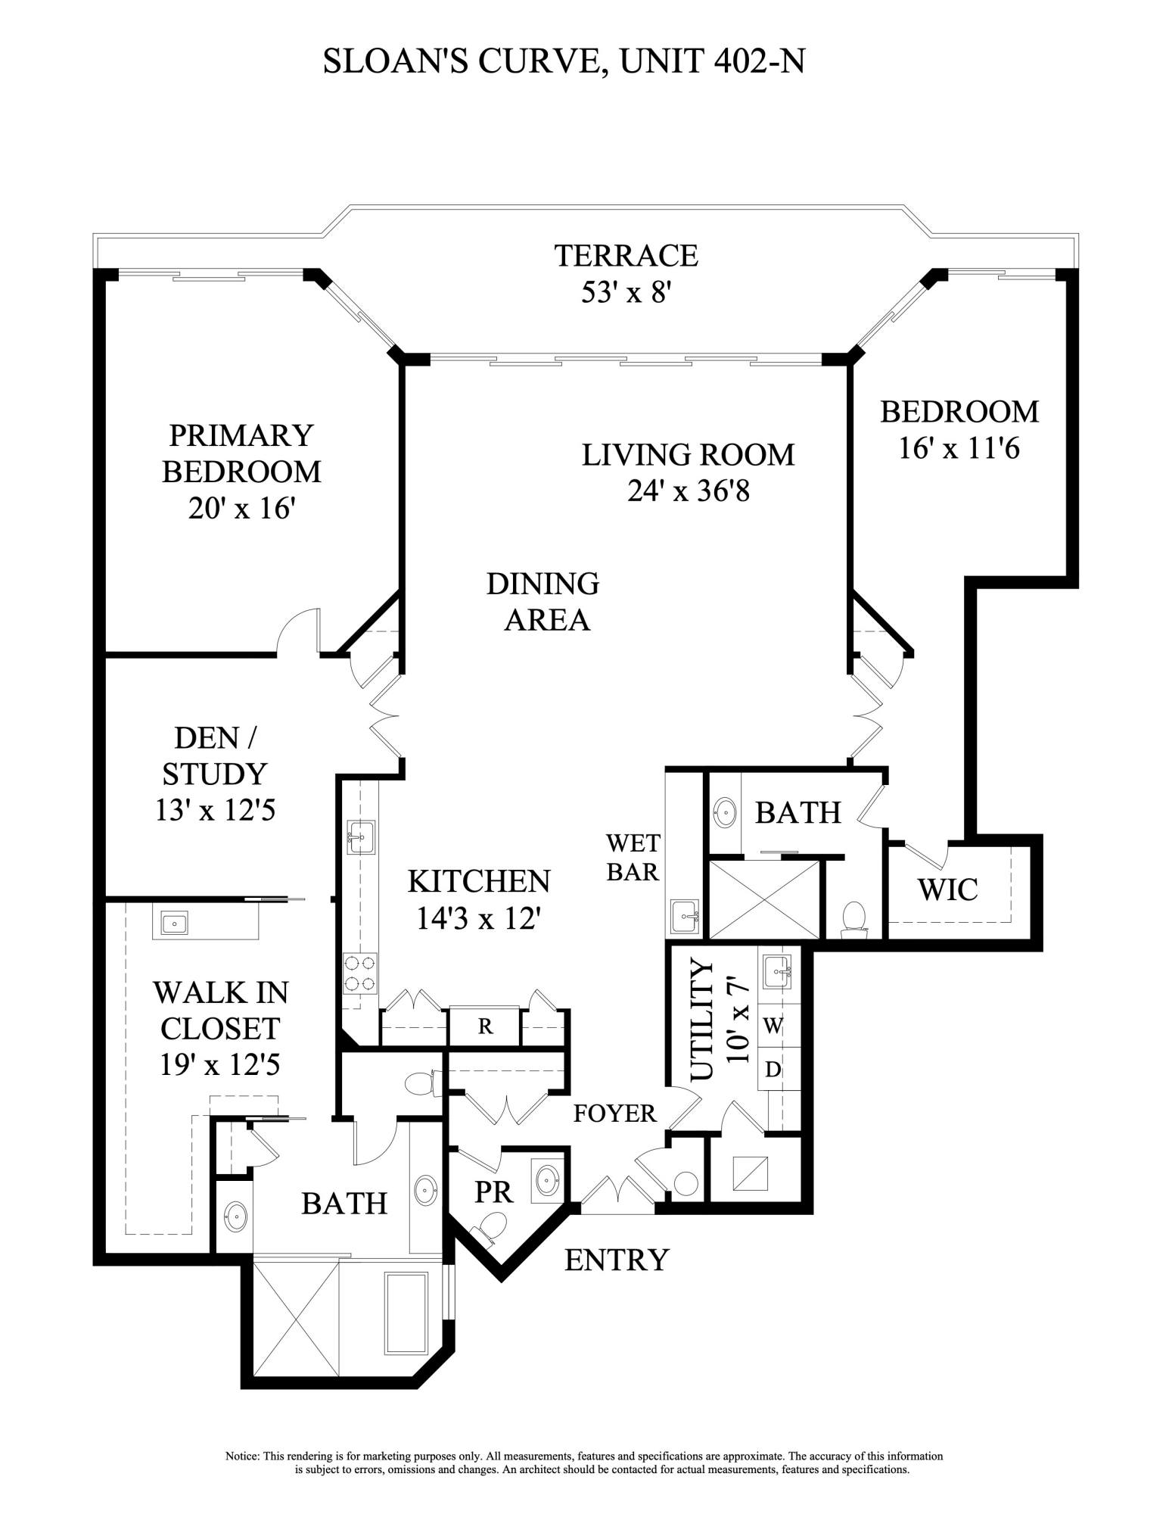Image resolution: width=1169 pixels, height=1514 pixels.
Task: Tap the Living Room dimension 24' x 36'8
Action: coord(688,491)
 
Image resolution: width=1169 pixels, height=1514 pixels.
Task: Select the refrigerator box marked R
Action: coord(485,1026)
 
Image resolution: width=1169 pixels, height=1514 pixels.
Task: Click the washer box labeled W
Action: coord(772,1026)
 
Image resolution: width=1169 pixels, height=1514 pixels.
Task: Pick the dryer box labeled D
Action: coord(772,1070)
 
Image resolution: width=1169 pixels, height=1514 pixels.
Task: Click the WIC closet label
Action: coord(947,889)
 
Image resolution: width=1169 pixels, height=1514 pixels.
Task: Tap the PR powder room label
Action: coord(493,1192)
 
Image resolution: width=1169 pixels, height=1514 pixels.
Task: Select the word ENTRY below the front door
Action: coord(617,1260)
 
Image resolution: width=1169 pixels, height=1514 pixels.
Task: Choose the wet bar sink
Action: coord(685,917)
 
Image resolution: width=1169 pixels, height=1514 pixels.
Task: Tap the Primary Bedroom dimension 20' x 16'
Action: coord(241,508)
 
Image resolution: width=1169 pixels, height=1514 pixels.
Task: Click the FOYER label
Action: coord(614,1114)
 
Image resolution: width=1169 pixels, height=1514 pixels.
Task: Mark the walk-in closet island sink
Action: coord(173,924)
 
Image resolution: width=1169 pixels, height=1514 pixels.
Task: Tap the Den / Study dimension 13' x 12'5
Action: coord(215,811)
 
